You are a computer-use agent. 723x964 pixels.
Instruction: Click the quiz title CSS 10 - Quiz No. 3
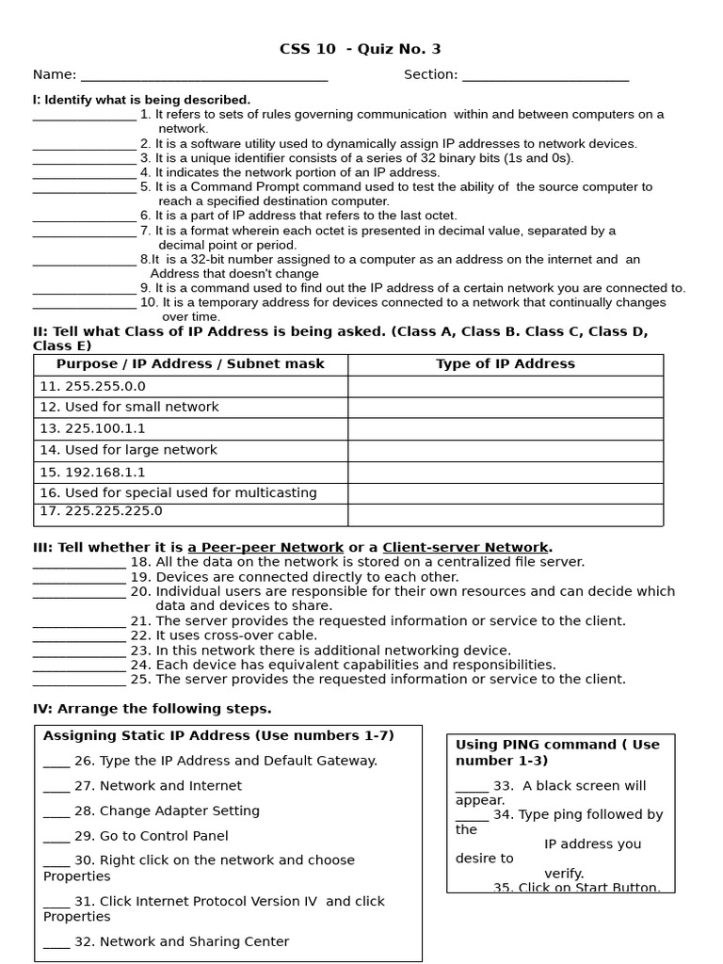(360, 49)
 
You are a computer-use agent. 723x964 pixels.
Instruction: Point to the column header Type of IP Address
(505, 364)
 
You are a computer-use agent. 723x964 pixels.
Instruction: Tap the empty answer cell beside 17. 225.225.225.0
(505, 514)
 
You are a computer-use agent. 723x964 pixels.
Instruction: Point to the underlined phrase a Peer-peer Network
(265, 547)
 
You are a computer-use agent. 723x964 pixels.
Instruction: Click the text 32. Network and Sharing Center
(181, 941)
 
